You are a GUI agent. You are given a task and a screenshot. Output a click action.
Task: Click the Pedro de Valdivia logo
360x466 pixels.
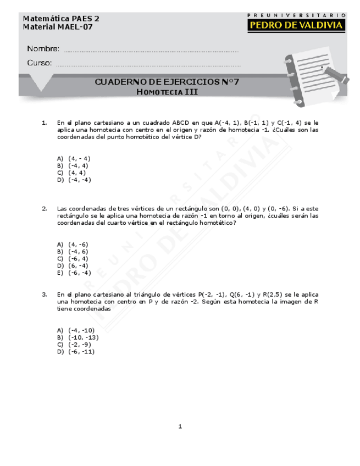[296, 25]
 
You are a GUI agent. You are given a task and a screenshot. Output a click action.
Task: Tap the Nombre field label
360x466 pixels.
[43, 49]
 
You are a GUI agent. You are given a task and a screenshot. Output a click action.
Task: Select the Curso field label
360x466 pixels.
[40, 63]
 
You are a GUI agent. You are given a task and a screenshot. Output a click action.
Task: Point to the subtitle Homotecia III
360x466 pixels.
[167, 92]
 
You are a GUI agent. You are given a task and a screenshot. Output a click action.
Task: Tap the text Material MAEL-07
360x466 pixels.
[54, 27]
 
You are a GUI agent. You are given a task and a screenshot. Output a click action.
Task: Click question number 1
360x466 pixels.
[44, 123]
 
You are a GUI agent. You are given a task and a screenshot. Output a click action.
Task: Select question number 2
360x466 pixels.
[44, 209]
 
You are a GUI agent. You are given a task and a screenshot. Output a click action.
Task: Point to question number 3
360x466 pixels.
[44, 295]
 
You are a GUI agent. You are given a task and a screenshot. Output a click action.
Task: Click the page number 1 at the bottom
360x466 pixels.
[180, 426]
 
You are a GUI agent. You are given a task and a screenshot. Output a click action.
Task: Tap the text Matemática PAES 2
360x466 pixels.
[61, 18]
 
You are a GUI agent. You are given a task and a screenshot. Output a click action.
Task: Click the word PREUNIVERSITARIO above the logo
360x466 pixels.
[296, 15]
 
